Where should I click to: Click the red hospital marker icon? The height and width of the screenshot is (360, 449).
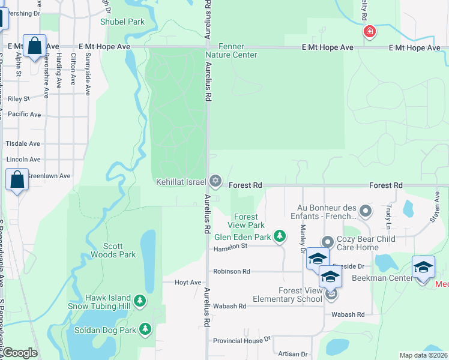pos(369,31)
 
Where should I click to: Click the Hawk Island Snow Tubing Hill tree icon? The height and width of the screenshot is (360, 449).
pos(140,300)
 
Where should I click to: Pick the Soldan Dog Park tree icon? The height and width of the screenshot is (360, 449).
pos(145,329)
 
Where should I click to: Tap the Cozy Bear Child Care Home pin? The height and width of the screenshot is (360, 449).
pos(327,242)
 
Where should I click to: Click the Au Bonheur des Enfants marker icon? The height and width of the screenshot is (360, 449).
pos(366,211)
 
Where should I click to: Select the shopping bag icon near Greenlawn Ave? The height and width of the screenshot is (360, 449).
pos(17,179)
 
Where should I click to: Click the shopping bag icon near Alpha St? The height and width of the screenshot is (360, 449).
pos(35,46)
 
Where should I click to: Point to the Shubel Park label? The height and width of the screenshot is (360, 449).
pos(122,22)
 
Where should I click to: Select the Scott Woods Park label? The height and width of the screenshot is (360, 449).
pos(113,250)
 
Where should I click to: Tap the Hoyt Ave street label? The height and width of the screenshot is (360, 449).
pos(187,282)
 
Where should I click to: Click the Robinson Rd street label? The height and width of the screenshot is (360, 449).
pos(231,271)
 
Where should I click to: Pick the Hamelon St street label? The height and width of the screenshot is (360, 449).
pos(231,246)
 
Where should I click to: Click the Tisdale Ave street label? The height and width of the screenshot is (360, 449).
pos(23,144)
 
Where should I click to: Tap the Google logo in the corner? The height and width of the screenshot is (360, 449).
pos(19,353)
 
